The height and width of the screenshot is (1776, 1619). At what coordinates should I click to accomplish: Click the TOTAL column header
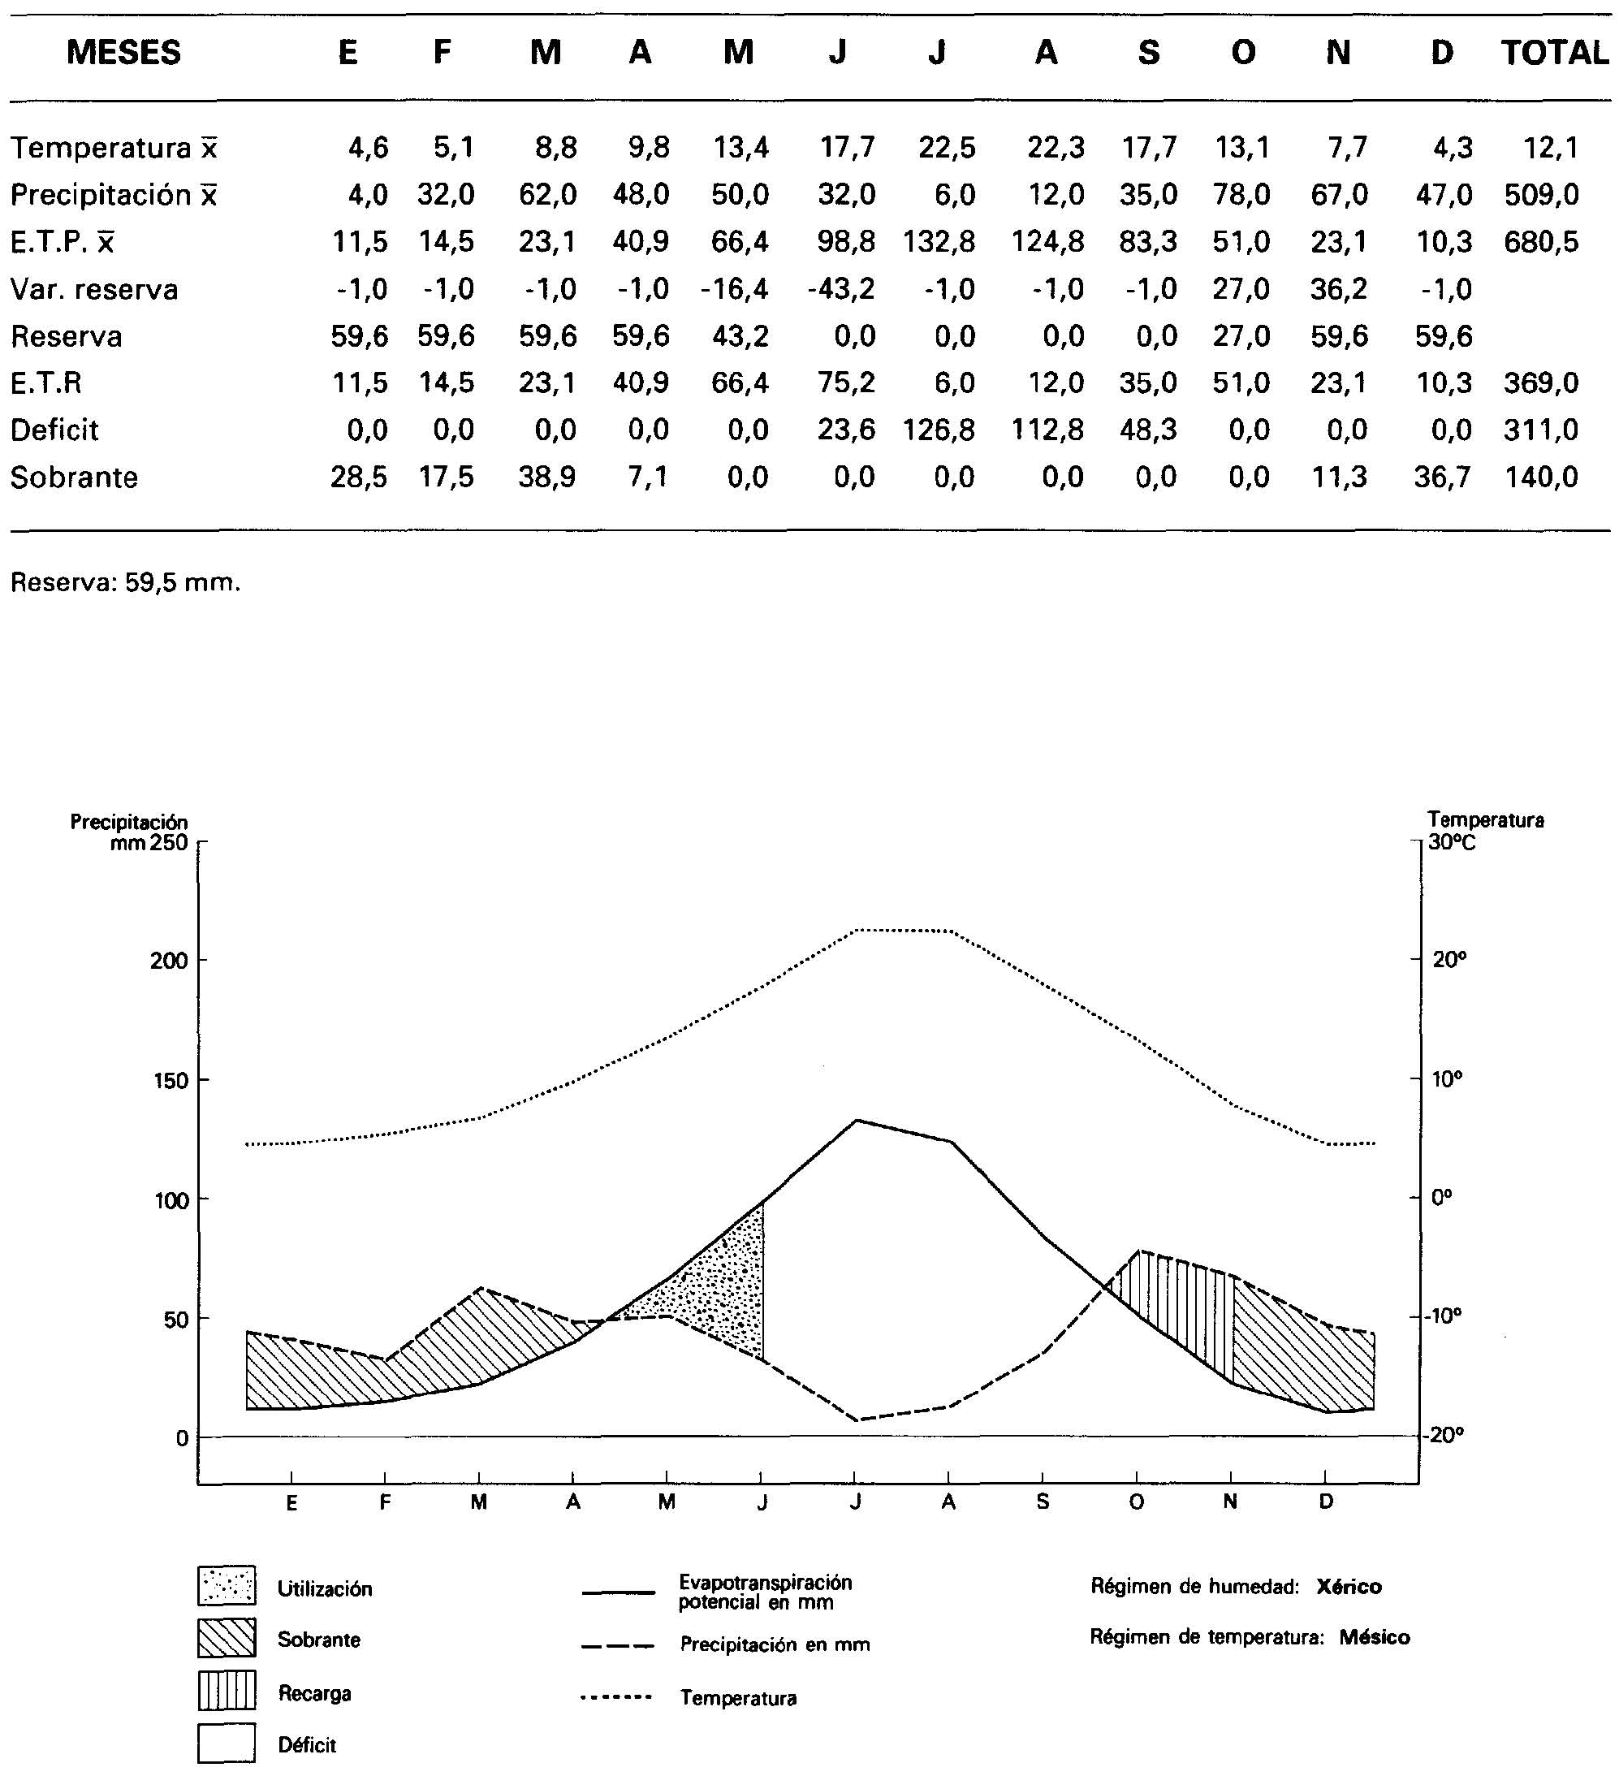(1554, 53)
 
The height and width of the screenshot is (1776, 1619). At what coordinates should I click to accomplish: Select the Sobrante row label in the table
(74, 477)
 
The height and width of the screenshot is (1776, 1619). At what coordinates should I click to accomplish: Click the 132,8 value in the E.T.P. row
(939, 241)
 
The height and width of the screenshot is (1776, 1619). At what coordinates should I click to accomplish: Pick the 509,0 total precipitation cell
(1542, 194)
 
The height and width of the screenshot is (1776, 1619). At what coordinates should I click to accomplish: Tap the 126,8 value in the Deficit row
(939, 430)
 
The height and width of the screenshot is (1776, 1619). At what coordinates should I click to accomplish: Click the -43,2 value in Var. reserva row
(841, 289)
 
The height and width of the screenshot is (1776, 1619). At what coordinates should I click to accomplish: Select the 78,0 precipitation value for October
(1242, 194)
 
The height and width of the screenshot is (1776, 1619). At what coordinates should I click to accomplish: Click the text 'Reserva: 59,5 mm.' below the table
(125, 582)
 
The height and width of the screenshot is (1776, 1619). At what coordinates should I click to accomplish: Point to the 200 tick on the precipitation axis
(169, 960)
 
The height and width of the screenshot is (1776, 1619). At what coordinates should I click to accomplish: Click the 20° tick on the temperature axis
(1449, 958)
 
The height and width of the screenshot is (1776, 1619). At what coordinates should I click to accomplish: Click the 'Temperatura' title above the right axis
(1485, 820)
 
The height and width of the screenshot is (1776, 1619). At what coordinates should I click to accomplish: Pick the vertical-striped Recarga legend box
(227, 1691)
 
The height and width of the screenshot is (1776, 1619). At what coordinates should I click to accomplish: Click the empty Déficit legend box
(227, 1743)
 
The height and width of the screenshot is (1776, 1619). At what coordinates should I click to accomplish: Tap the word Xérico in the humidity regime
(1349, 1587)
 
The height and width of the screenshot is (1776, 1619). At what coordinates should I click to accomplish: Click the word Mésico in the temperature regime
(1374, 1637)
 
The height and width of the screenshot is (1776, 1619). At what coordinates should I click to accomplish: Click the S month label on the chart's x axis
(1043, 1502)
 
